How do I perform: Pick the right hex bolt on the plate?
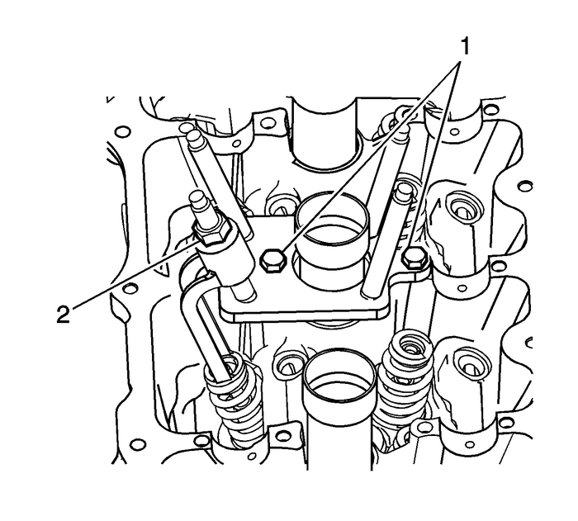tap(410, 261)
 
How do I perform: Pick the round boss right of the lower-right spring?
tap(472, 362)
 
